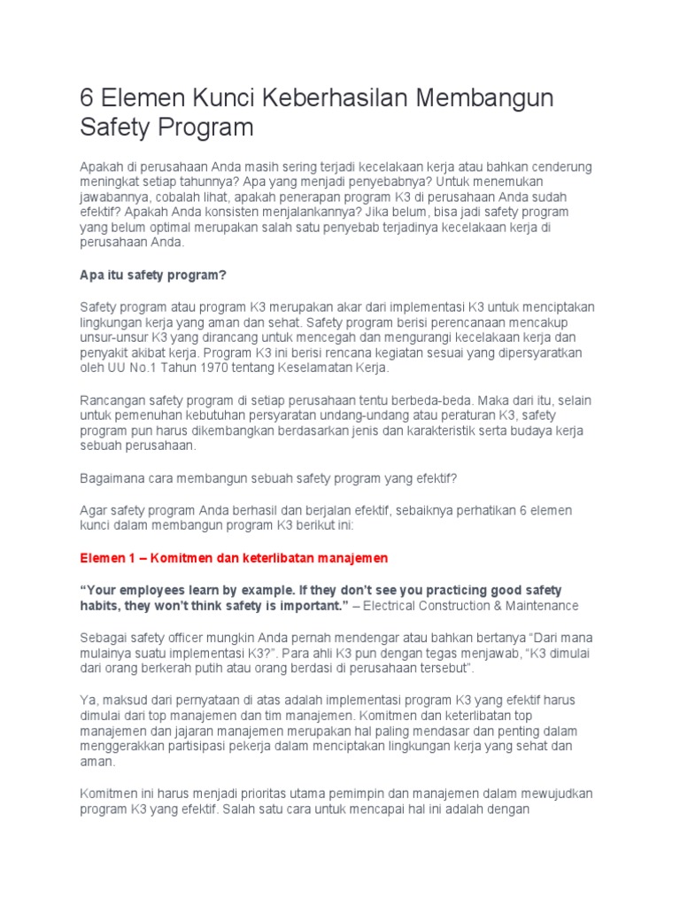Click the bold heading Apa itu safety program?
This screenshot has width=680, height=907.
[x=154, y=275]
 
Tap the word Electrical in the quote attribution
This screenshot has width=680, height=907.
[x=398, y=605]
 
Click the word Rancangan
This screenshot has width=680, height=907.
[x=112, y=399]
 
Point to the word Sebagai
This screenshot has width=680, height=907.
[x=103, y=637]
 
